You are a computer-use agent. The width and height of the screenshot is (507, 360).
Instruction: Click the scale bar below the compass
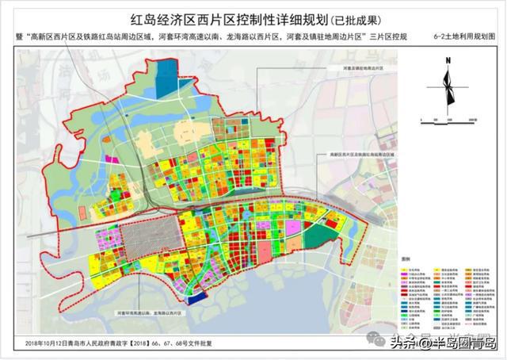(448, 119)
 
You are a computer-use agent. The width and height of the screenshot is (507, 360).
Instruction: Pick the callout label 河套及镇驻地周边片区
(345, 69)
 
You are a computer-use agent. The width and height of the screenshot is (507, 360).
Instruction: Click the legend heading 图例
(406, 259)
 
